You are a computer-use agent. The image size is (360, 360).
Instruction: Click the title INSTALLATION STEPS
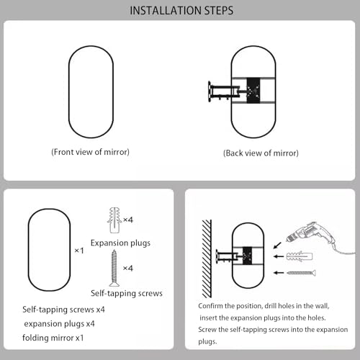(x=181, y=11)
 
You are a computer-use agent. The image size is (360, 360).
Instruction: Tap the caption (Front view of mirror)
(x=90, y=152)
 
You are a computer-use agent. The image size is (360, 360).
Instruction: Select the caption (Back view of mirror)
(x=261, y=153)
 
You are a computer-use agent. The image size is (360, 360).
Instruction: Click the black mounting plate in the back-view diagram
(x=253, y=91)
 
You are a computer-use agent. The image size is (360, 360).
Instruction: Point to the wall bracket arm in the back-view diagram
(x=224, y=91)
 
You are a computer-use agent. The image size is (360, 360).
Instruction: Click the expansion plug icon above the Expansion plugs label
(x=114, y=220)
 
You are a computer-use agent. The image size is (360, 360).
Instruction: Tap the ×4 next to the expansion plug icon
(x=128, y=220)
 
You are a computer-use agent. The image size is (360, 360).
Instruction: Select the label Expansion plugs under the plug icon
(x=120, y=243)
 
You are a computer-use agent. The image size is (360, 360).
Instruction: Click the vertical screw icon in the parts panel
(x=114, y=268)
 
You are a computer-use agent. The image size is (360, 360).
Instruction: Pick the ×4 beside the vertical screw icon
(x=128, y=268)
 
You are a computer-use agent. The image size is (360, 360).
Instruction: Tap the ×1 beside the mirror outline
(x=79, y=251)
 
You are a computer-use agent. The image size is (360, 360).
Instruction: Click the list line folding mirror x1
(x=53, y=338)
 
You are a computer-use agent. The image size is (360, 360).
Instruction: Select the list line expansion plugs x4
(x=59, y=324)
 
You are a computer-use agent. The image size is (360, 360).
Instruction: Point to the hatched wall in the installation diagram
(x=207, y=258)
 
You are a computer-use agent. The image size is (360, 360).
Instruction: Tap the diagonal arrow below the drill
(x=277, y=246)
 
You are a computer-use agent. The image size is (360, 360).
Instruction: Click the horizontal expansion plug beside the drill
(x=300, y=256)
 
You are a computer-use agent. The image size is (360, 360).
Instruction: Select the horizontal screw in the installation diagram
(x=302, y=273)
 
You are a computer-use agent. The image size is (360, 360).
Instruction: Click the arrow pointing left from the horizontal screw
(x=279, y=273)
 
